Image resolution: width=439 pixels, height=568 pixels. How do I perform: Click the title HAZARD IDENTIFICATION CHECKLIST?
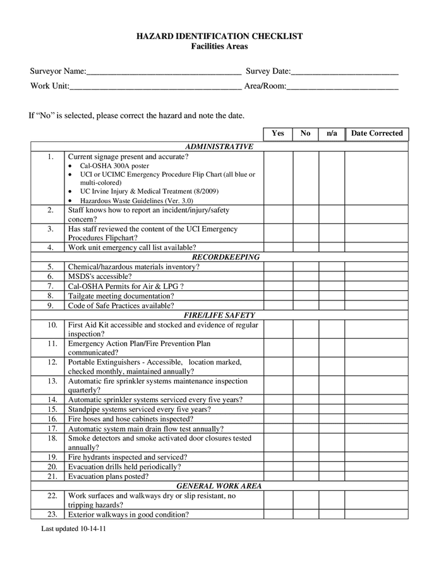click(x=219, y=37)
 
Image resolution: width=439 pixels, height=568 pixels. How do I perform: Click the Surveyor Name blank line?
click(x=164, y=72)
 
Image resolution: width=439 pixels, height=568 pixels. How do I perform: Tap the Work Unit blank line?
click(x=155, y=86)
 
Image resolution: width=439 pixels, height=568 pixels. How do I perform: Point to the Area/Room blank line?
click(x=342, y=86)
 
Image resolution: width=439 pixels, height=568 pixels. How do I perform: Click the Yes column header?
click(x=278, y=134)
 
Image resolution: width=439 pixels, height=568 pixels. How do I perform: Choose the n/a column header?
click(x=332, y=134)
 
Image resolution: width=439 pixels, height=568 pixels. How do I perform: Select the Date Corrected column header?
click(x=377, y=134)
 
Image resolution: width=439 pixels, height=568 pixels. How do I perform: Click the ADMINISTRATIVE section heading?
click(x=219, y=146)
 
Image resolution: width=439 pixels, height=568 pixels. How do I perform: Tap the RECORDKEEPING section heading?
click(x=219, y=257)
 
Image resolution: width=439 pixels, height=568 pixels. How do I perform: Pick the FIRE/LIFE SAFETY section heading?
click(x=219, y=315)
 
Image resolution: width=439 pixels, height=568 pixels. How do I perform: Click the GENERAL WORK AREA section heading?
click(x=219, y=486)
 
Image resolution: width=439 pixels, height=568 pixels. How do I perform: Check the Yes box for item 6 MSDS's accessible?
click(x=278, y=276)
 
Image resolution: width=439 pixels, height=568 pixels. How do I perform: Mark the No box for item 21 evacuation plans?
click(x=306, y=476)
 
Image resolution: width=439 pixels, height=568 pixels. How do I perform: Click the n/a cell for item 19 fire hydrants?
click(x=332, y=457)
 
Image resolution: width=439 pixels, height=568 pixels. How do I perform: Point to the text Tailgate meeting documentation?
click(x=121, y=296)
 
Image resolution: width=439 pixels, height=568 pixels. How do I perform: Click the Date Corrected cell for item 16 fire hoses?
click(x=376, y=418)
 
